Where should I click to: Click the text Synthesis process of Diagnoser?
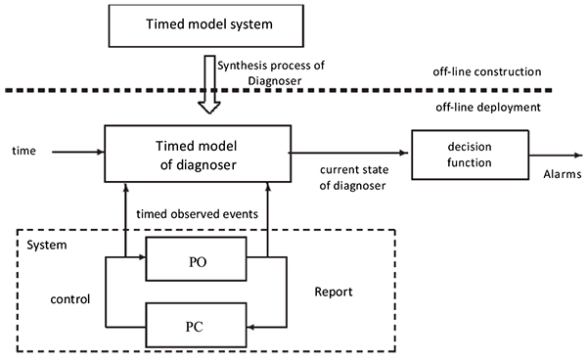point(271,71)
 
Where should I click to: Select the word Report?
point(333,292)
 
